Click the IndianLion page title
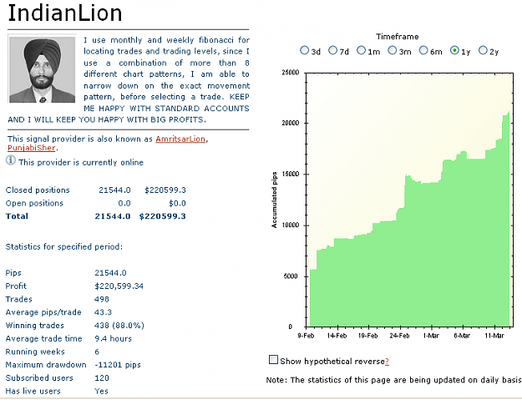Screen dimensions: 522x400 point(65,13)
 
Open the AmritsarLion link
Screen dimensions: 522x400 point(180,139)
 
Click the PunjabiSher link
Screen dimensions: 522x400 point(31,148)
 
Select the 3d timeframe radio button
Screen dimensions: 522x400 point(304,50)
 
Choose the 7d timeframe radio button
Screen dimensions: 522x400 point(332,50)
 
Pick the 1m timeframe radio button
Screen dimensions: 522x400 point(361,50)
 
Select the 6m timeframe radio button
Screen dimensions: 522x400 point(423,50)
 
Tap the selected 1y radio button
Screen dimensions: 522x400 point(454,50)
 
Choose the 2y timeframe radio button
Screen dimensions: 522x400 point(483,50)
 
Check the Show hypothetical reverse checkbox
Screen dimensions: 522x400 point(273,360)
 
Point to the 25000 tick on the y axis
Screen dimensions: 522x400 point(291,73)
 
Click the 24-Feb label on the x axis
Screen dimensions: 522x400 point(399,336)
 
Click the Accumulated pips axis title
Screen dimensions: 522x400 point(274,200)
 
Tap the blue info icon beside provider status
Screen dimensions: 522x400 point(11,160)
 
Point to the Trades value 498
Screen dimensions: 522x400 point(102,299)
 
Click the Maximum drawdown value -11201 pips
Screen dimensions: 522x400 point(118,365)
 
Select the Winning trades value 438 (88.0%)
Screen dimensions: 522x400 point(119,326)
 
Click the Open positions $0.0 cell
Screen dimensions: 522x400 point(177,203)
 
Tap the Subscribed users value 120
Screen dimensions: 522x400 point(102,378)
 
